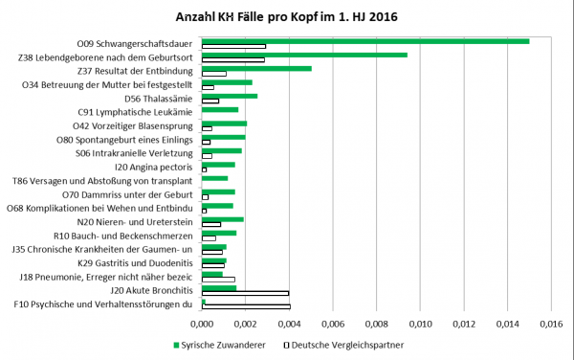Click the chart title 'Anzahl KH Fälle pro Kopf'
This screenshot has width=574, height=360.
click(286, 17)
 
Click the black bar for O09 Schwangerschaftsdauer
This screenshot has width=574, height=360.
click(233, 46)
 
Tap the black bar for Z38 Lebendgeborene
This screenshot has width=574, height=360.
click(232, 60)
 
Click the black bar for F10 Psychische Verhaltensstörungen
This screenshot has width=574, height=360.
click(246, 306)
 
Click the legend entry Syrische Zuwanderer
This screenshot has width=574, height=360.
click(220, 342)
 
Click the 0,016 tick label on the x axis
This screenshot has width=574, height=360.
click(550, 324)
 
